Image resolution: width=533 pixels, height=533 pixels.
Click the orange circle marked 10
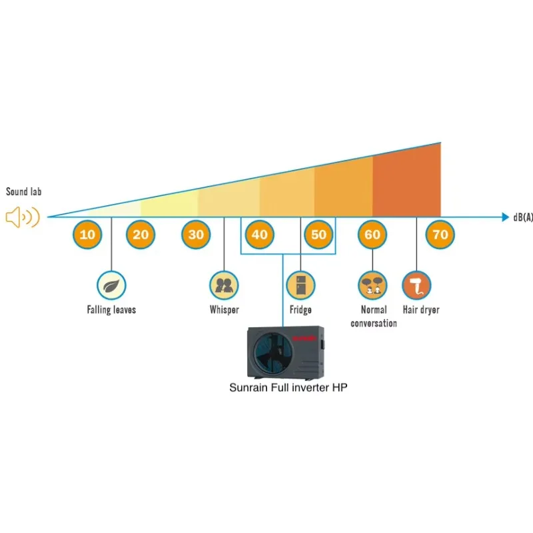pyautogui.click(x=87, y=235)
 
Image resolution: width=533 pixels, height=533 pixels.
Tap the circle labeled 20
pyautogui.click(x=141, y=235)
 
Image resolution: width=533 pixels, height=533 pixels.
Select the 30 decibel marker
pyautogui.click(x=196, y=235)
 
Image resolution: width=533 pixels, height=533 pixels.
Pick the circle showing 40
pyautogui.click(x=259, y=235)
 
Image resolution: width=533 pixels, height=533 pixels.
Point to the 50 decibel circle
pyautogui.click(x=319, y=235)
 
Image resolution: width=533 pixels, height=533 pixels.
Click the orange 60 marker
pyautogui.click(x=373, y=235)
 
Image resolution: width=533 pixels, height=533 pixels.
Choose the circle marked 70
pyautogui.click(x=440, y=235)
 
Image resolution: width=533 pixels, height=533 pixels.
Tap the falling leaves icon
pyautogui.click(x=111, y=285)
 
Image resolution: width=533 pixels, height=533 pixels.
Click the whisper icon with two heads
pyautogui.click(x=224, y=285)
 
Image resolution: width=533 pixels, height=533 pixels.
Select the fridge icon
pyautogui.click(x=300, y=285)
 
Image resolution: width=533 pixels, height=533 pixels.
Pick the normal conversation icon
pyautogui.click(x=373, y=285)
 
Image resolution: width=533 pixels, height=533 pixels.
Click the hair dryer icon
pyautogui.click(x=416, y=285)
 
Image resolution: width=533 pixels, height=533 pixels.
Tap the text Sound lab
pyautogui.click(x=25, y=192)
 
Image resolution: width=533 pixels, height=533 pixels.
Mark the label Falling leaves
pyautogui.click(x=111, y=310)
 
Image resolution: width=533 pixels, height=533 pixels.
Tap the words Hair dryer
pyautogui.click(x=421, y=310)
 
